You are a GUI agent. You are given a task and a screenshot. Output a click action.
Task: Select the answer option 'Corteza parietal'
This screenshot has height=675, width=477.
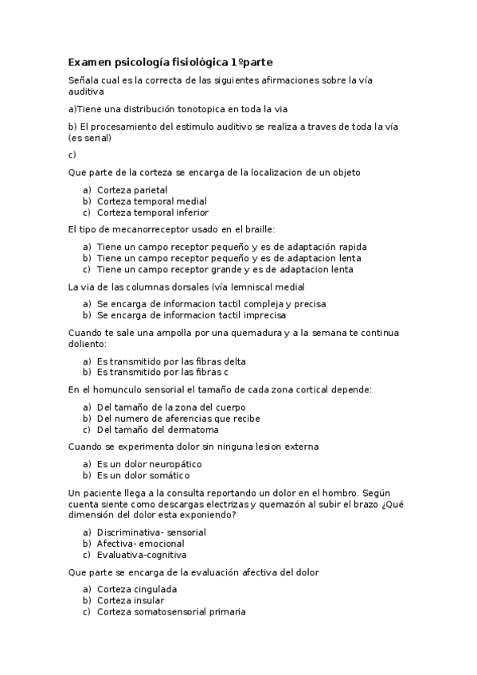(131, 190)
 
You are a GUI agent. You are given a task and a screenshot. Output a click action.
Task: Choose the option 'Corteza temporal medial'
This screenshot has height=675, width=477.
(151, 201)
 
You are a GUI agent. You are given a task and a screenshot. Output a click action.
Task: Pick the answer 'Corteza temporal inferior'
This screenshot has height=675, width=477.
(152, 213)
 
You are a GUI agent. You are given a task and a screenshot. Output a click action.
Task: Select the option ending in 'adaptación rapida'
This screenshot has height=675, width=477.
(231, 247)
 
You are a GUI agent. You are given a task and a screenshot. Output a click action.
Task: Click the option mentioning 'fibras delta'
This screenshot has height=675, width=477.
(171, 361)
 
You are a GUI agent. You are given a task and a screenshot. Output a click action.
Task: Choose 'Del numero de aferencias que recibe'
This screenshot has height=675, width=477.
(178, 418)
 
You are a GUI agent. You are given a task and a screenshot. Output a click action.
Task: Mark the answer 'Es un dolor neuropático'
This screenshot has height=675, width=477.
(149, 463)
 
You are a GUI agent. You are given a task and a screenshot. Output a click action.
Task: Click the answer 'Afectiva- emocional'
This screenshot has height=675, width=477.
(140, 544)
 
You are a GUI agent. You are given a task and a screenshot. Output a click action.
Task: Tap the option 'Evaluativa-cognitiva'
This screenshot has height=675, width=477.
(141, 555)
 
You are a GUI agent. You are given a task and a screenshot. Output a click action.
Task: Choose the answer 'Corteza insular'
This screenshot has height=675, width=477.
(131, 600)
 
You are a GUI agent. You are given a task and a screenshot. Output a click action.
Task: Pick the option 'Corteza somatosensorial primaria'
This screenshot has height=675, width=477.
(171, 611)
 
